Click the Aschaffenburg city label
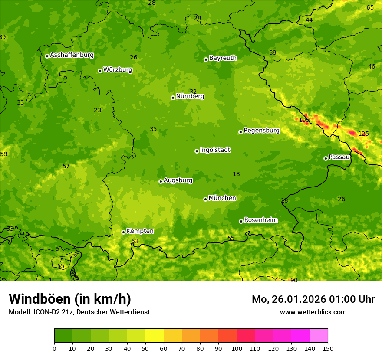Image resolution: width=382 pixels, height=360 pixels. point(72,55)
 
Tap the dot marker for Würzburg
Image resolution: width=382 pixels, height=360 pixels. point(100,71)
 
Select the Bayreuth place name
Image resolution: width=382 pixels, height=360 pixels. point(223,58)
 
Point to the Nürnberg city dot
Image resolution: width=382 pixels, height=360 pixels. point(173,98)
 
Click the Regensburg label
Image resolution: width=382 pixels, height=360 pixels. point(261,131)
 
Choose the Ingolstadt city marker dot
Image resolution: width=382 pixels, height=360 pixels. point(197,151)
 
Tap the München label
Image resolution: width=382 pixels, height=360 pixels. point(222,198)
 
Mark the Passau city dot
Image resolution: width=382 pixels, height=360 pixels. point(326,158)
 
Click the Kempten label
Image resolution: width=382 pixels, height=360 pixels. point(140,231)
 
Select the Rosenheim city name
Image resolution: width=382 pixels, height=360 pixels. point(260,220)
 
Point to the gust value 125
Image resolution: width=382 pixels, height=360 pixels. point(363,134)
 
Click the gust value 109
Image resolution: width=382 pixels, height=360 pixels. point(304,120)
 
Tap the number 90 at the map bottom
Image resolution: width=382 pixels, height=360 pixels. point(294,281)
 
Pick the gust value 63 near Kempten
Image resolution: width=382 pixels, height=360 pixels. point(135,242)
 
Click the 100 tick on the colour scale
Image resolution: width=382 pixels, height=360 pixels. point(237,349)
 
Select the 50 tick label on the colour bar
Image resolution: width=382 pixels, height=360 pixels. point(145,349)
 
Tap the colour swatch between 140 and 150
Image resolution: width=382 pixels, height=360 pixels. point(319,335)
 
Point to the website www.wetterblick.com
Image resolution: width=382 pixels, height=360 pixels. point(313,312)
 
